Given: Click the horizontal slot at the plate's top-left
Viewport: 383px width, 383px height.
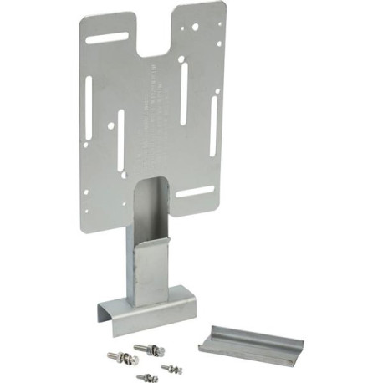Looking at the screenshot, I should point(108,38).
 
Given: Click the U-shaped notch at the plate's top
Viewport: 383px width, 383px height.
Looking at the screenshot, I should point(156,38).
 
